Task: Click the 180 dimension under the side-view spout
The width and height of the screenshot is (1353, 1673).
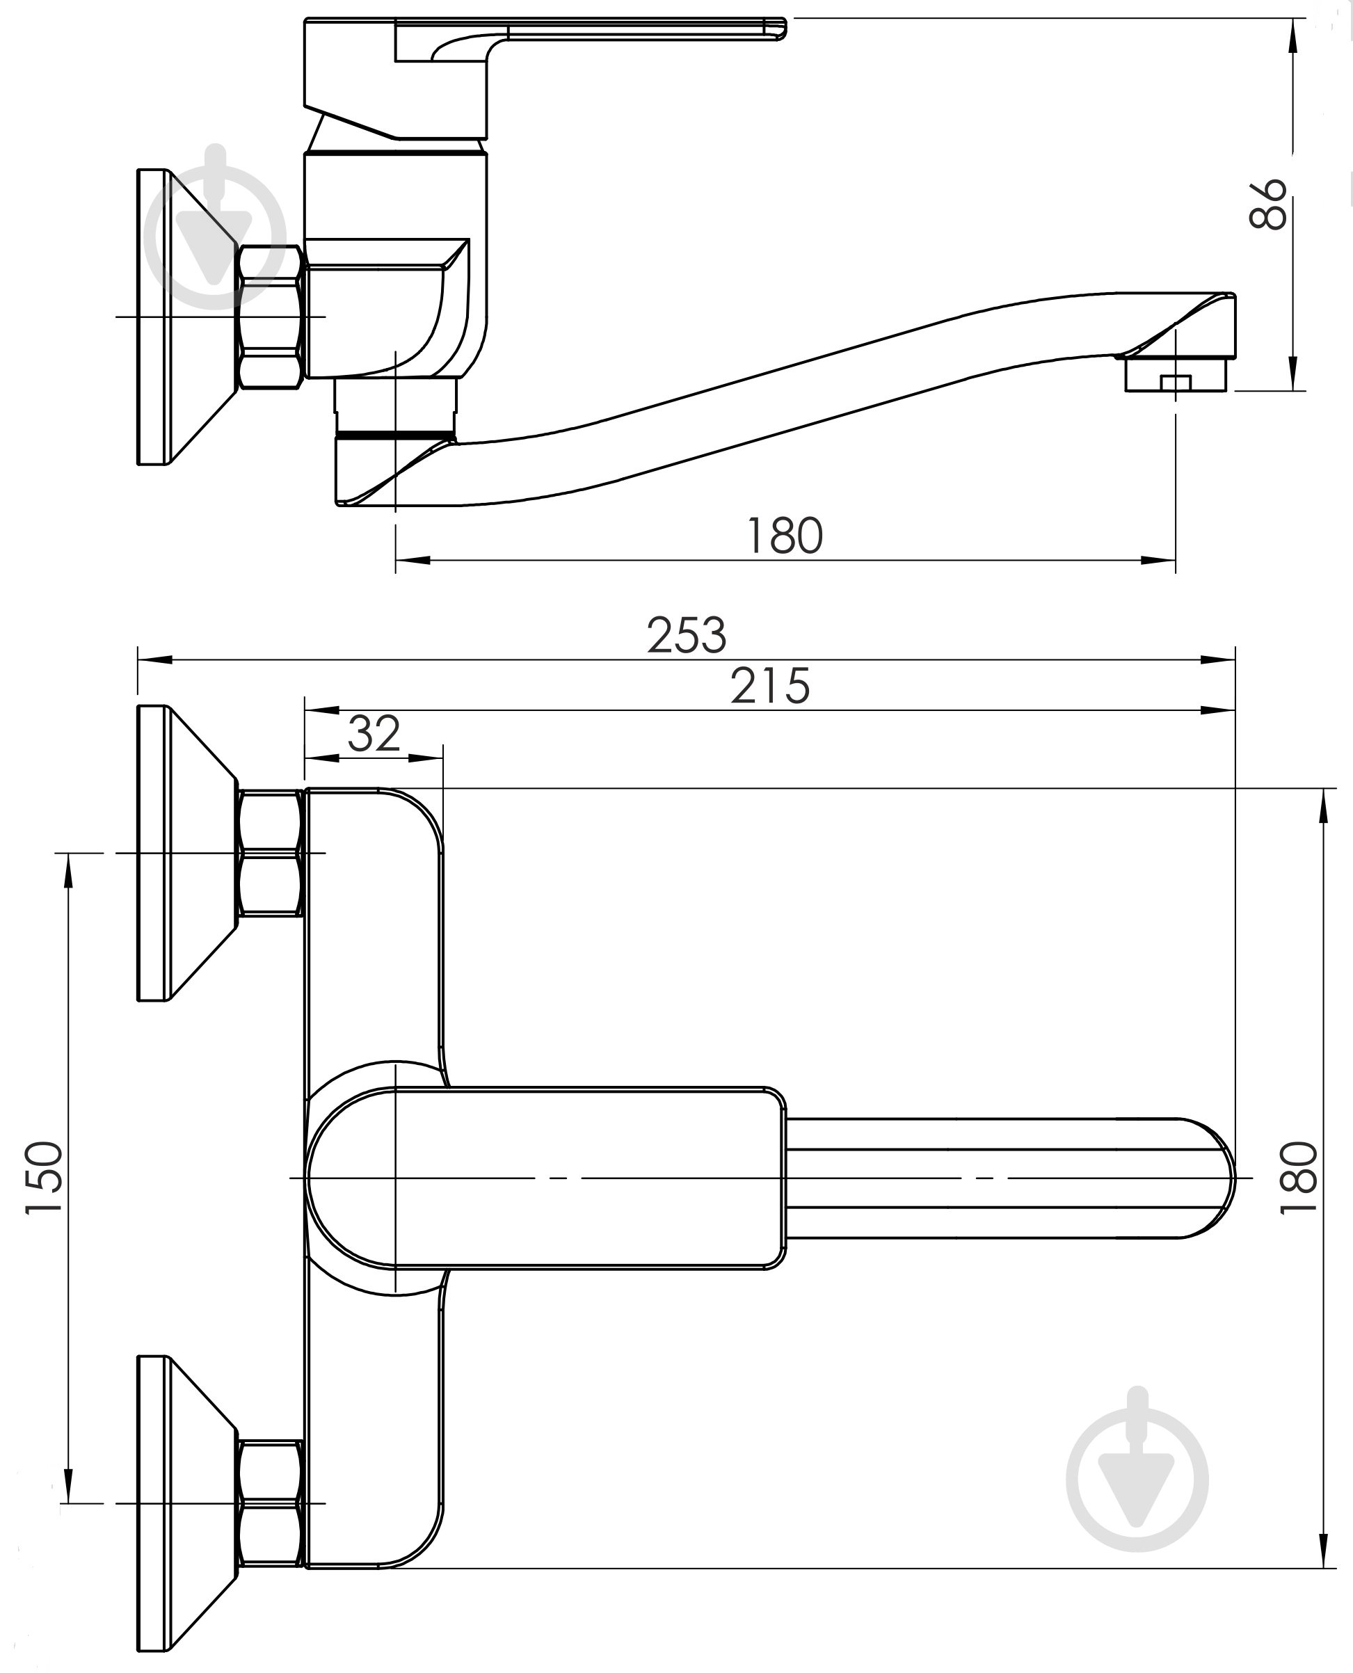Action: pyautogui.click(x=784, y=536)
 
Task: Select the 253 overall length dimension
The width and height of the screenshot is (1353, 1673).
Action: pyautogui.click(x=687, y=635)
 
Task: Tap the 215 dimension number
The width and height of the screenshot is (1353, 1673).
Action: pyautogui.click(x=770, y=686)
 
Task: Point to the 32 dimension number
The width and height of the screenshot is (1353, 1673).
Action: pyautogui.click(x=374, y=733)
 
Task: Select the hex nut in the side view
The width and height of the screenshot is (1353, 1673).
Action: pyautogui.click(x=270, y=317)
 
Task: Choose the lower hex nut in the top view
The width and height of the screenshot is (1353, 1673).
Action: pyautogui.click(x=270, y=1503)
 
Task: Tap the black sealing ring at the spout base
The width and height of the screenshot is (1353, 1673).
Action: pyautogui.click(x=395, y=433)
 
